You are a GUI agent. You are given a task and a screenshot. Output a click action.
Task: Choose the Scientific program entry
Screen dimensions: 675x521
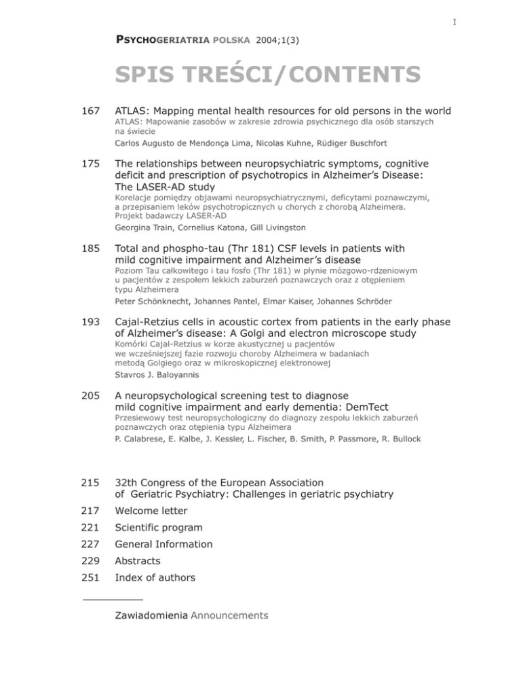point(159,528)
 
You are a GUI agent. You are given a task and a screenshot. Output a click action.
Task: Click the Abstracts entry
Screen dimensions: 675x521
point(141,561)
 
